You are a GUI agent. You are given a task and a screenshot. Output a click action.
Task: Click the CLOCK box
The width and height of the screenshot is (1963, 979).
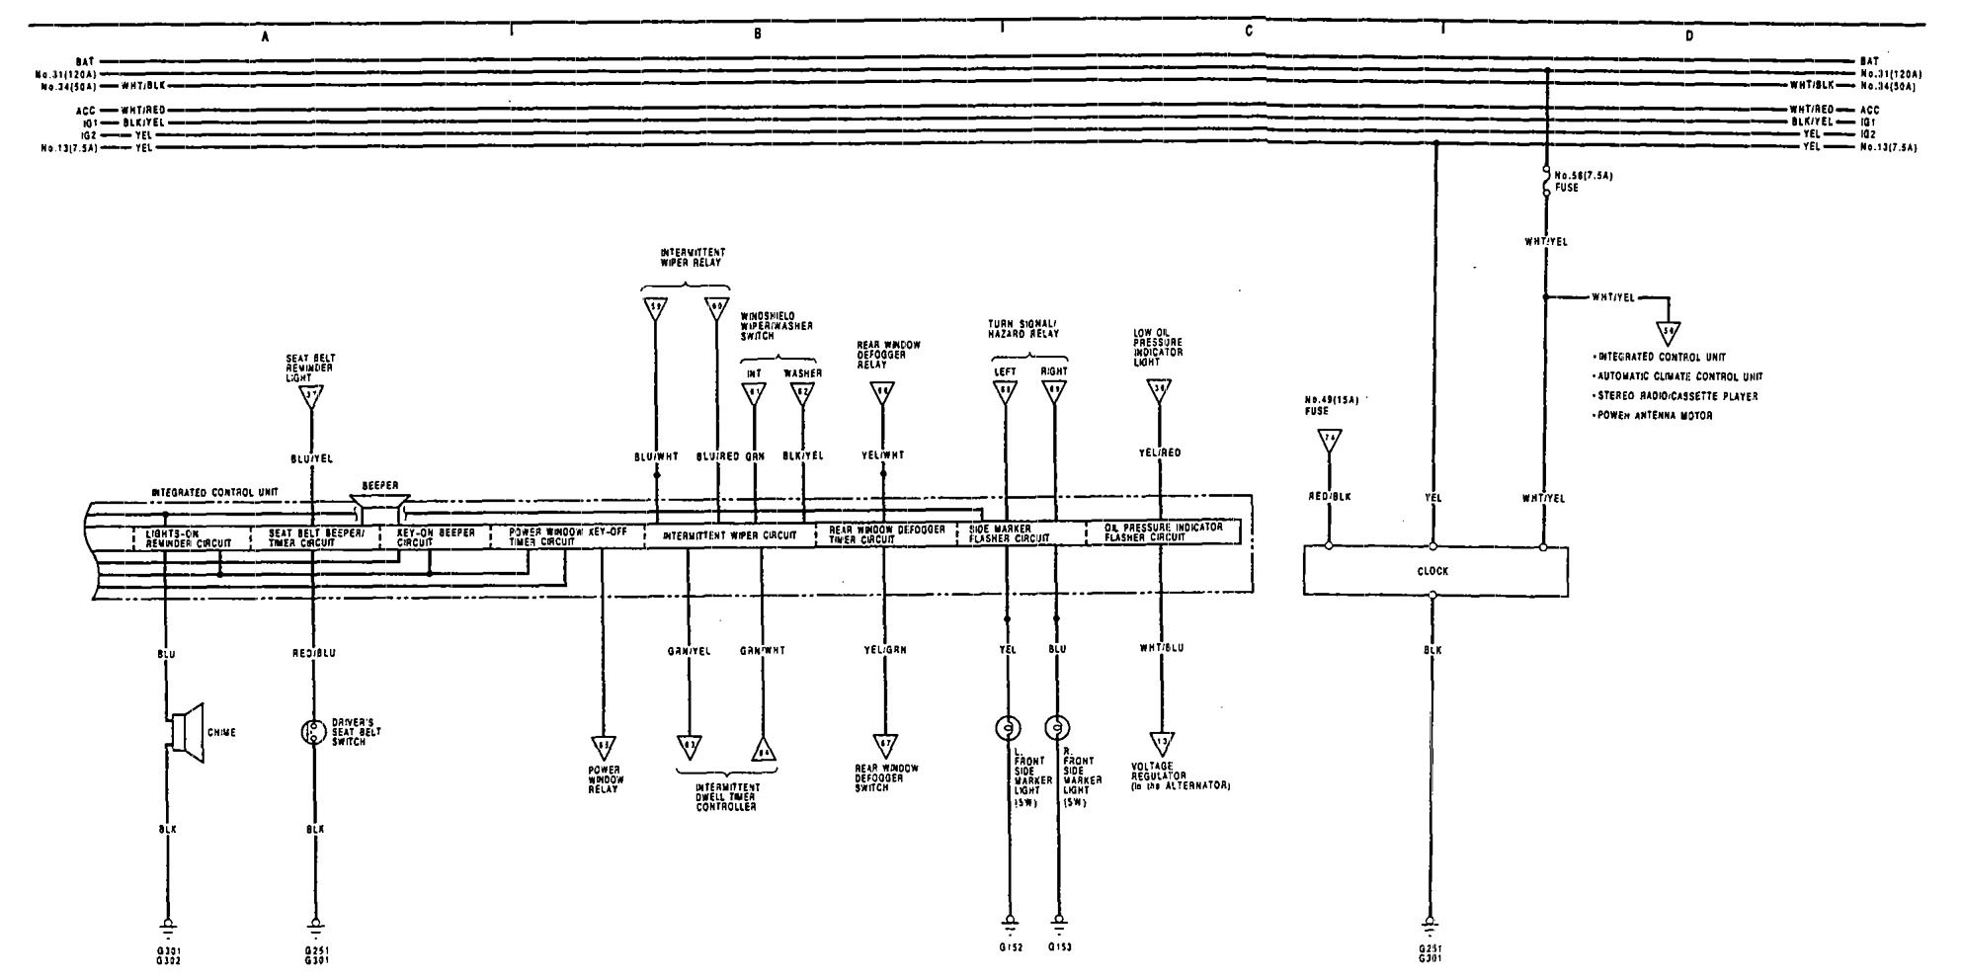[1434, 571]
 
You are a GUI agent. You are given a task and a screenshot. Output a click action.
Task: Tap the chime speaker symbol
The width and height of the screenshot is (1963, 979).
[187, 732]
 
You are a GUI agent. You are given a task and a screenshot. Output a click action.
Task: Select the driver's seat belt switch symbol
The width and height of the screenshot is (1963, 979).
[314, 732]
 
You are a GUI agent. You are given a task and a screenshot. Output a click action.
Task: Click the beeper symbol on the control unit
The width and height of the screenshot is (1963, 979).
[380, 510]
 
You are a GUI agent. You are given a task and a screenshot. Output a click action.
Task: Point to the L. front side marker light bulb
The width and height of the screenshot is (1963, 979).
[1007, 729]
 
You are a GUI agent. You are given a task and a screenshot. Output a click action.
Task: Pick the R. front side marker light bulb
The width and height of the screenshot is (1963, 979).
[1057, 729]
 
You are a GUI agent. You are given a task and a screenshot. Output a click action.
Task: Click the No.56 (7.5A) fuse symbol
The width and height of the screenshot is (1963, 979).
[1546, 183]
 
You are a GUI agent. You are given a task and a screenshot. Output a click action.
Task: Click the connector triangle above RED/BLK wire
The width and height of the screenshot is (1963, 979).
[1329, 440]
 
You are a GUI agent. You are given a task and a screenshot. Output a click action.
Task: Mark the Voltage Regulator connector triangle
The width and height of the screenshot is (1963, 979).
[1161, 743]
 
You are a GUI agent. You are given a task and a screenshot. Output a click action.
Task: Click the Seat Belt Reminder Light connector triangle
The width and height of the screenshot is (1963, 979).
[312, 398]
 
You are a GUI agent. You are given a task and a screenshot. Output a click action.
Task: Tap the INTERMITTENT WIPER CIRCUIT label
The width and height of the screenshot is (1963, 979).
[729, 535]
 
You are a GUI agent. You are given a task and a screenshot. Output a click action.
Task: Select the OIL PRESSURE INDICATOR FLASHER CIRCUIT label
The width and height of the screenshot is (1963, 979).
[1164, 532]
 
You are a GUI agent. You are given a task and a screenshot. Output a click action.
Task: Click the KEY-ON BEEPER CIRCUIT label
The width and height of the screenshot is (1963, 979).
[435, 536]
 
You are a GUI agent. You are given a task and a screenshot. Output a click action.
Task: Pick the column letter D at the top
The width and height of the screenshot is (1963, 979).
[1688, 36]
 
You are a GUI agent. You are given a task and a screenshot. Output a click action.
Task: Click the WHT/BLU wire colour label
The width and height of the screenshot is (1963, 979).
[1161, 648]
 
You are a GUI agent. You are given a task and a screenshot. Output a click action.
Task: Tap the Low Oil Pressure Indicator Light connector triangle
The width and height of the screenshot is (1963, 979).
[1159, 390]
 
